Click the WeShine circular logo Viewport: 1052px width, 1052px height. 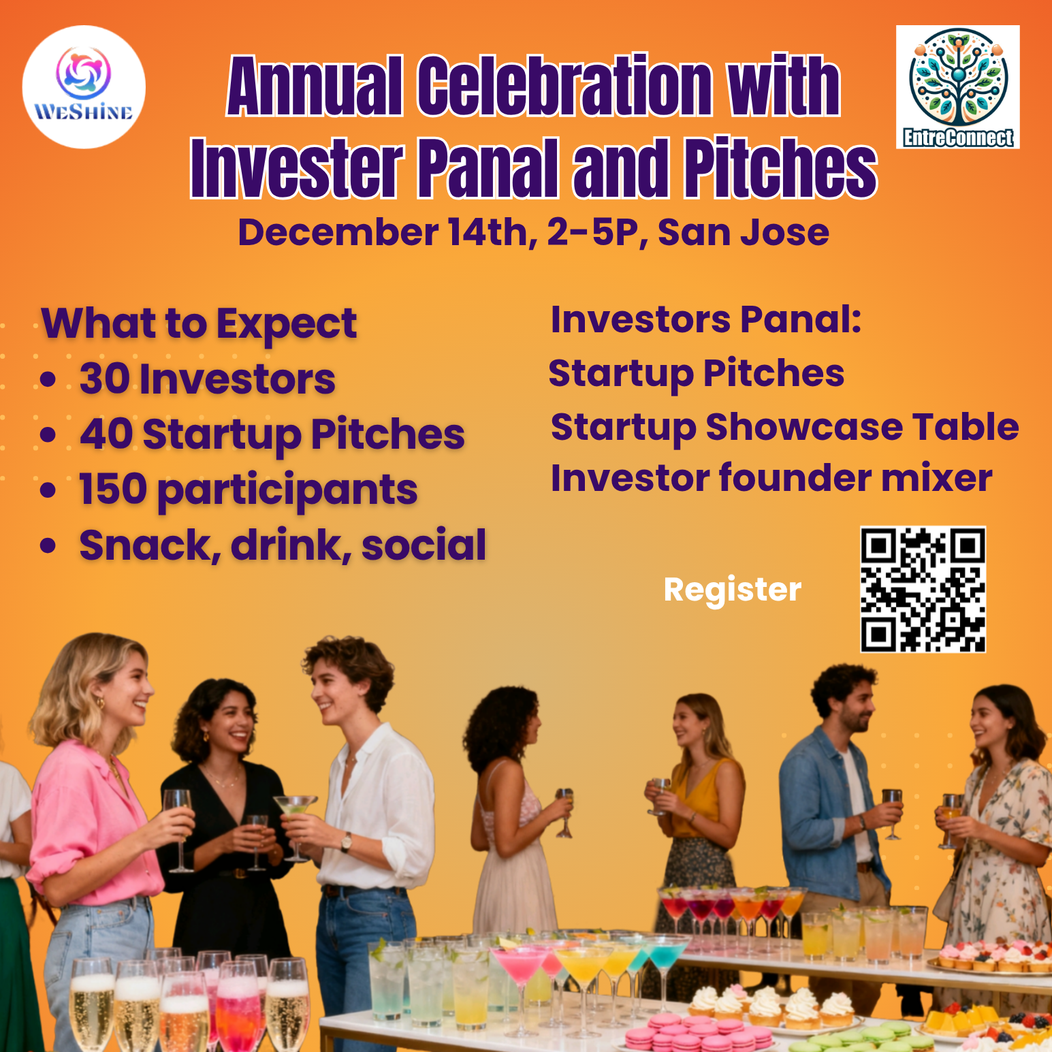pyautogui.click(x=84, y=87)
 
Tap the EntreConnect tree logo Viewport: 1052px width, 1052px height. pyautogui.click(x=957, y=87)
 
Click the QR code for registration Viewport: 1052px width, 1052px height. pyautogui.click(x=923, y=590)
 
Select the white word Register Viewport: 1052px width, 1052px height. pyautogui.click(x=733, y=590)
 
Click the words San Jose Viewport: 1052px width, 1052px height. pyautogui.click(x=744, y=233)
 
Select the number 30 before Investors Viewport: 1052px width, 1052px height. pyautogui.click(x=105, y=379)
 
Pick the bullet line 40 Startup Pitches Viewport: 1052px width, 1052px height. pyautogui.click(x=272, y=435)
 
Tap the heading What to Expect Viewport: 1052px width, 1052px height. pyautogui.click(x=199, y=324)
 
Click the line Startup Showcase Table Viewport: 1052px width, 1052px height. pyautogui.click(x=784, y=427)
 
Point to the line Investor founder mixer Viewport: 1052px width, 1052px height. pyautogui.click(x=771, y=478)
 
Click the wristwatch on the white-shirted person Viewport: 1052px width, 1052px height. pyautogui.click(x=347, y=842)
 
